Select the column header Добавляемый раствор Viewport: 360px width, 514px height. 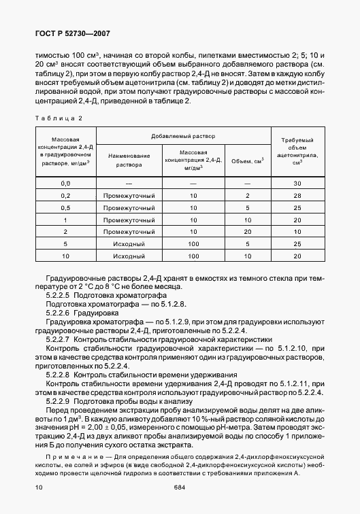pyautogui.click(x=183, y=136)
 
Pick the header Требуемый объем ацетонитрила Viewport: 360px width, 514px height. pyautogui.click(x=297, y=151)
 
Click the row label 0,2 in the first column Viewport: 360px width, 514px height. pyautogui.click(x=66, y=196)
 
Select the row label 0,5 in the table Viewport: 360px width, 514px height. pyautogui.click(x=66, y=208)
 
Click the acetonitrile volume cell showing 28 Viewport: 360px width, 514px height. pyautogui.click(x=297, y=196)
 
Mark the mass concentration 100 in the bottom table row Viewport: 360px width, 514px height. pyautogui.click(x=193, y=256)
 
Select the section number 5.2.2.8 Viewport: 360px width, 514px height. pyautogui.click(x=59, y=375)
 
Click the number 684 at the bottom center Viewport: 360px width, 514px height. pyautogui.click(x=179, y=487)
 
